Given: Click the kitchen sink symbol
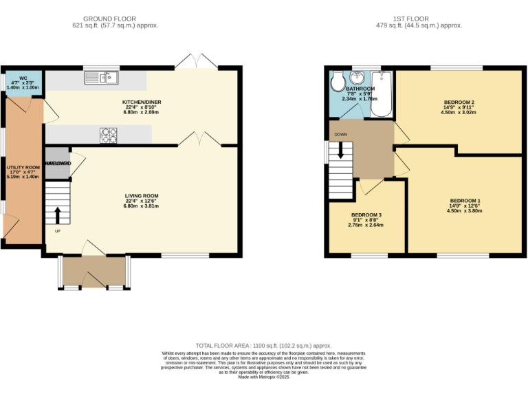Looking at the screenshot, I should click(102, 78).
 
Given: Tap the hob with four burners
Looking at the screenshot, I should click(109, 135).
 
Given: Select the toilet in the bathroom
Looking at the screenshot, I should click(338, 83).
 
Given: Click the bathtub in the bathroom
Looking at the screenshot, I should click(384, 95).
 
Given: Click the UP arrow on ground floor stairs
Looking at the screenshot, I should click(58, 214).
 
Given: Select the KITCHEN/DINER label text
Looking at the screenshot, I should click(142, 102).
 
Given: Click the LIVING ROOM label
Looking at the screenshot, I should click(142, 195).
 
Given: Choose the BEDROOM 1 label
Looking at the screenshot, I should click(465, 201).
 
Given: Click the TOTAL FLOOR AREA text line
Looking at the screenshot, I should click(264, 346).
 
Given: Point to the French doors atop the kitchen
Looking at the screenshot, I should click(197, 62).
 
